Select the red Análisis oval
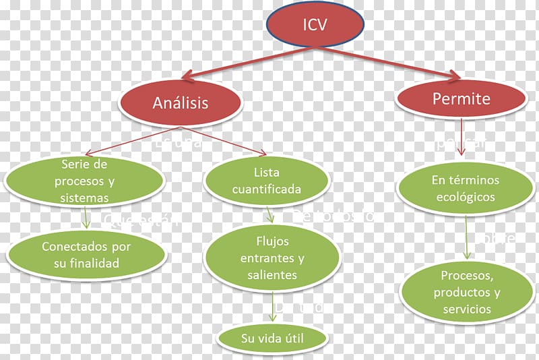180,103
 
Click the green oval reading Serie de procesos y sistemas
84,181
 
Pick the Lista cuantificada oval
267,181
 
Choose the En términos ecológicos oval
465,189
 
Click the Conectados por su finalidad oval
86,255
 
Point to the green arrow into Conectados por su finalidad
86,218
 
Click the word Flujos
272,241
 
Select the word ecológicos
465,198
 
